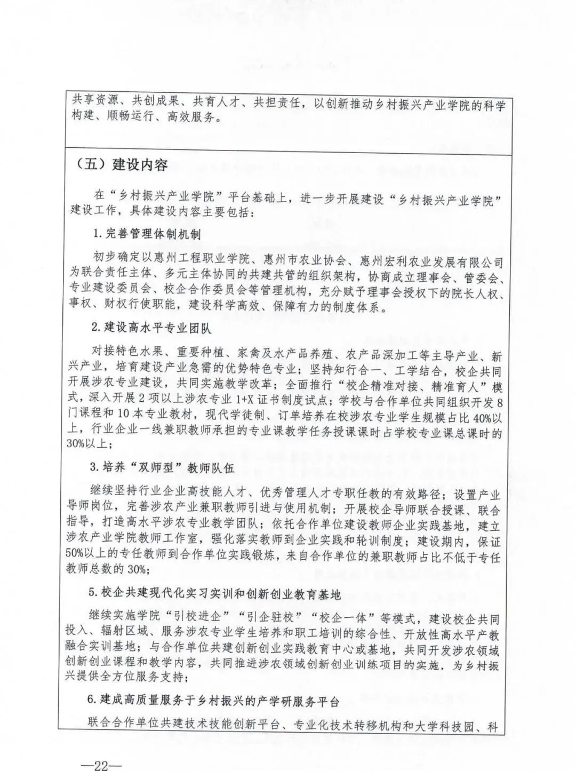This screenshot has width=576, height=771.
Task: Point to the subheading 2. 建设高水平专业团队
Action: (x=150, y=328)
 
